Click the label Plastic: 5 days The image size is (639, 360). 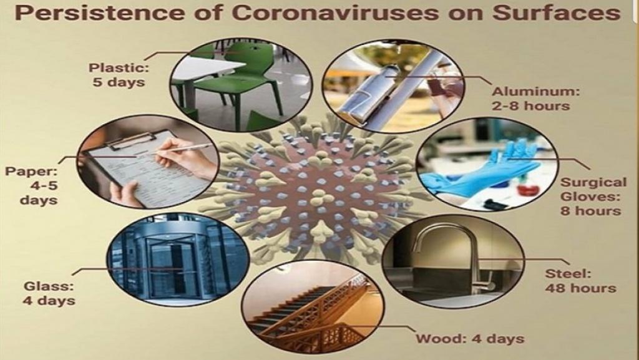tap(119, 74)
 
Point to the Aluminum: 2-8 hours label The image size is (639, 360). tap(535, 99)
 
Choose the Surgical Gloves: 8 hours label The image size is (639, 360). tap(593, 197)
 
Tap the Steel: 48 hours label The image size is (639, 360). tap(580, 281)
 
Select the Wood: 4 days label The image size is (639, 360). tap(469, 338)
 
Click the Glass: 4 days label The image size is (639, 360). tap(49, 293)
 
